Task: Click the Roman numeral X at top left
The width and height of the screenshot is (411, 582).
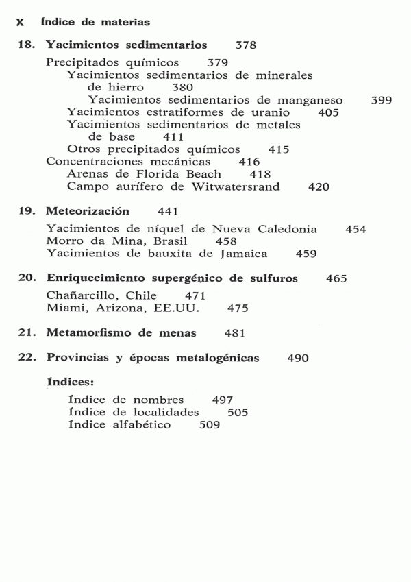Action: tap(21, 23)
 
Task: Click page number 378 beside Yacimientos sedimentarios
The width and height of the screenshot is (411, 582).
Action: tap(245, 46)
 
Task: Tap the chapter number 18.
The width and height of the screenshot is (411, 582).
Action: tap(26, 46)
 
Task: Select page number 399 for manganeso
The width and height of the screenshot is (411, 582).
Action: tap(381, 100)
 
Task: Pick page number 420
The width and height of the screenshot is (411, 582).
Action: tap(319, 186)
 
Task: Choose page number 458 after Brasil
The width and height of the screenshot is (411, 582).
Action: tap(226, 241)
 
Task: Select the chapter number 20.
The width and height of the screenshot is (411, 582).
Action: tap(26, 278)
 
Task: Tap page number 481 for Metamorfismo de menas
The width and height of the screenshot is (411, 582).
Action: tap(235, 333)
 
